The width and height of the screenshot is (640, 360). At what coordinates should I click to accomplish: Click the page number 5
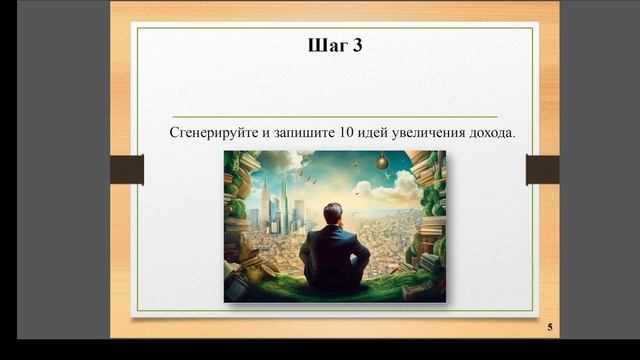(549, 328)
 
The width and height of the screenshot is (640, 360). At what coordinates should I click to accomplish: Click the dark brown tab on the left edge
(127, 170)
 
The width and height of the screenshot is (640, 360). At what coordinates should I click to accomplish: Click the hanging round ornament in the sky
(381, 162)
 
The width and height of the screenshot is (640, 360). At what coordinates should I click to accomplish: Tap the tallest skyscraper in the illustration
(284, 200)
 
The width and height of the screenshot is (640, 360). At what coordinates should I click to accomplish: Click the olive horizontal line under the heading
(334, 117)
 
